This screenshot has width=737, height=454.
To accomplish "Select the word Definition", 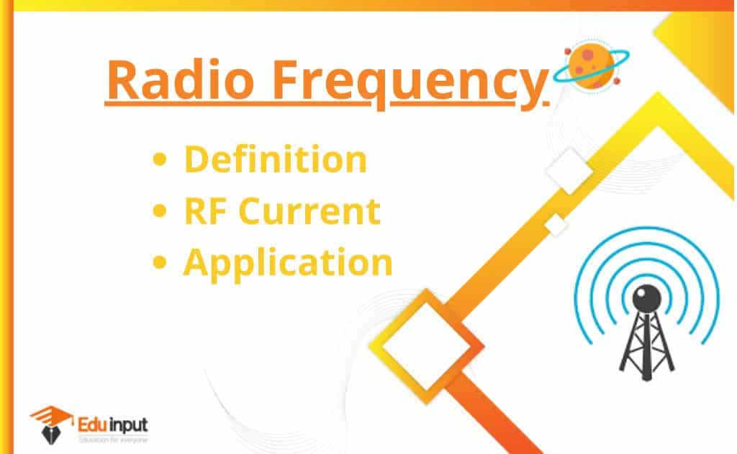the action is coord(276,159).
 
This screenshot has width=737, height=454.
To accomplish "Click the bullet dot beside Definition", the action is coord(160,159).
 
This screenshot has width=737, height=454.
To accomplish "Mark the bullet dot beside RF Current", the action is coord(160,210).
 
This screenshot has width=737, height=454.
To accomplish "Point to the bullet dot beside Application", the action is coord(160,262).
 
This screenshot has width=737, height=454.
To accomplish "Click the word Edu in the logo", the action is coord(93,425).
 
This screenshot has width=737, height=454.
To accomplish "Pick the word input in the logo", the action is coord(129,426).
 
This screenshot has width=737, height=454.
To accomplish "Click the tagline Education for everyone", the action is coord(113,440).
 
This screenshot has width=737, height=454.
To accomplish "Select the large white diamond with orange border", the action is coord(426,346).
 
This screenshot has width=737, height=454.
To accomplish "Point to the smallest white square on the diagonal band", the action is coord(556,226).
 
